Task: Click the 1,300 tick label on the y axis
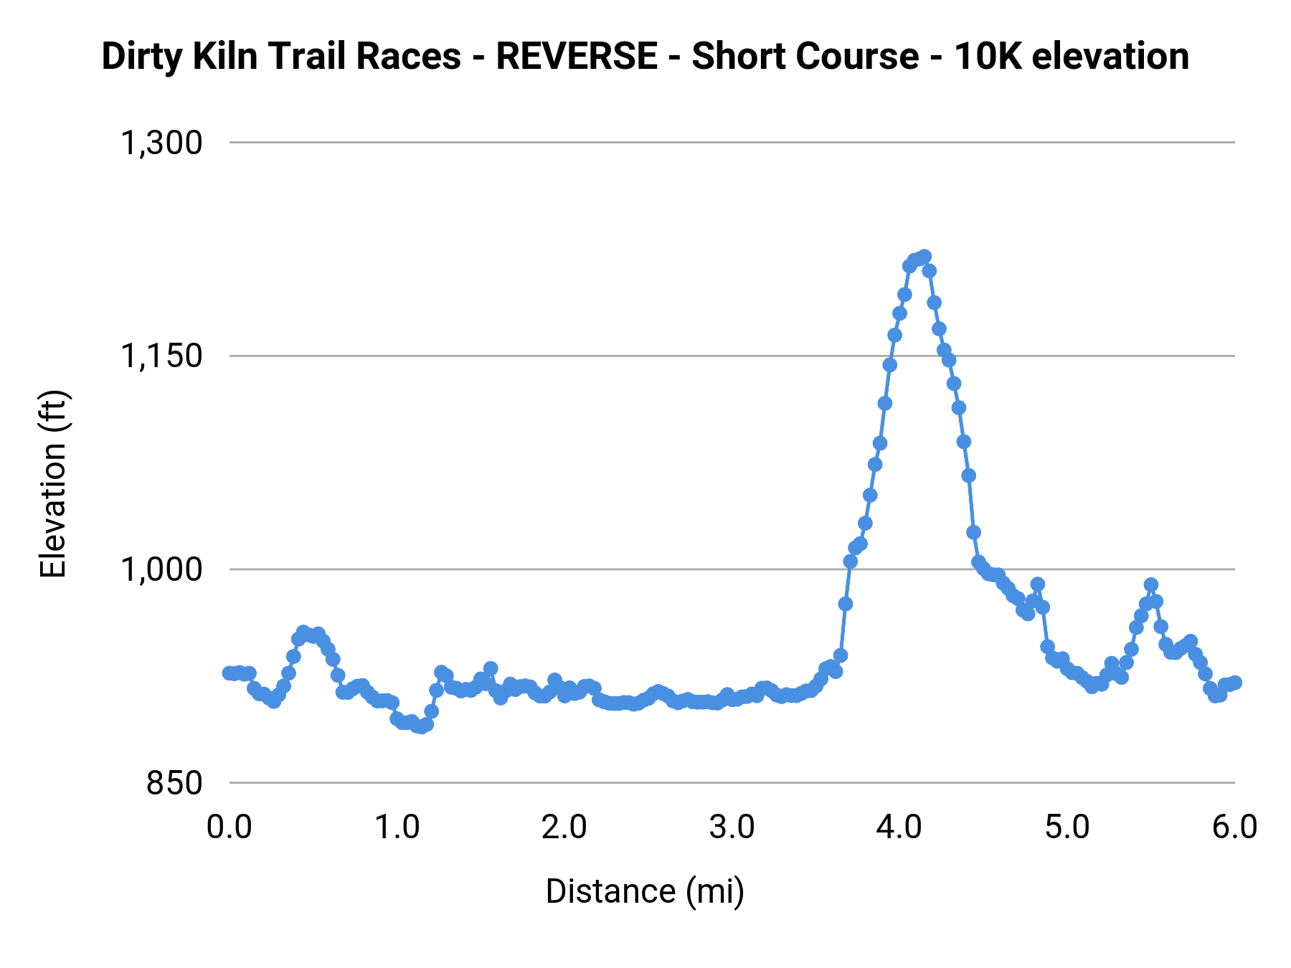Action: coord(161,143)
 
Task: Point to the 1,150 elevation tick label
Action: coord(161,356)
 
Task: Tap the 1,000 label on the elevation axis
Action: coord(161,570)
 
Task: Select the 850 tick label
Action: coord(174,783)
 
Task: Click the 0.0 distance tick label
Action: coord(229,827)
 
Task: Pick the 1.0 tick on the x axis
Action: coord(397,827)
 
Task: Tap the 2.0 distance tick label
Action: coord(564,827)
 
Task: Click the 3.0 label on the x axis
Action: coord(732,827)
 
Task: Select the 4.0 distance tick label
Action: coord(899,827)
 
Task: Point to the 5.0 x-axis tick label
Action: coord(1067,827)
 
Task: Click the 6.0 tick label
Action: coord(1234,827)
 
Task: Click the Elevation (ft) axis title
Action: coord(53,484)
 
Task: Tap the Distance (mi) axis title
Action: coord(645,892)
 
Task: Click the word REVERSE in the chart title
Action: coord(577,57)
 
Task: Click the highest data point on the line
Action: coord(924,256)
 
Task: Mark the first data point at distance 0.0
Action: coord(229,673)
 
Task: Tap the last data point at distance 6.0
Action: coord(1234,683)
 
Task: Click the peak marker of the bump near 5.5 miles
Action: coord(1151,585)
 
